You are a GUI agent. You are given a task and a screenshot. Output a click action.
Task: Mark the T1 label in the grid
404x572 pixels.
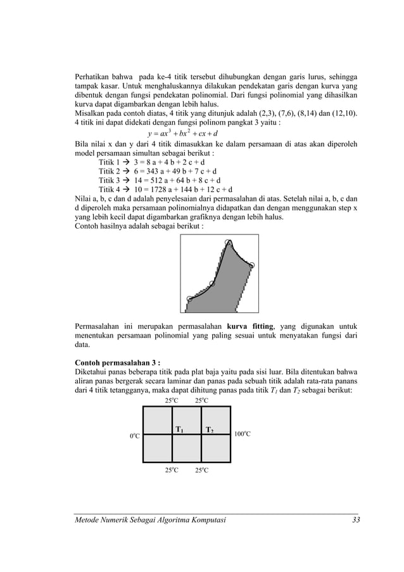click(x=179, y=430)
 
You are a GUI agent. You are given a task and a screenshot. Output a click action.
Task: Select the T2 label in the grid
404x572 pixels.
click(x=209, y=430)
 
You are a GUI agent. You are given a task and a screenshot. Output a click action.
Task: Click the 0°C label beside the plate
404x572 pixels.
click(x=135, y=436)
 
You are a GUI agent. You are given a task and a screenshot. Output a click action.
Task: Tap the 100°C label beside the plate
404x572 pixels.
click(x=243, y=434)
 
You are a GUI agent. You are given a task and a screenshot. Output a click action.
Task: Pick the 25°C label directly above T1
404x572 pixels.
click(x=172, y=400)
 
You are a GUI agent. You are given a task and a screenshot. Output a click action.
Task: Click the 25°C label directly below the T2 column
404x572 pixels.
click(x=202, y=470)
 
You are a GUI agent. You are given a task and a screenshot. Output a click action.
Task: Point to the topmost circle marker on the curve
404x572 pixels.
click(x=229, y=243)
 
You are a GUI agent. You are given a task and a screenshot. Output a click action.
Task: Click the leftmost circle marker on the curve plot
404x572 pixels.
click(x=190, y=298)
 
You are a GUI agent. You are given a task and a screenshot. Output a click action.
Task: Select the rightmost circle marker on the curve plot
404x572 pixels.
click(x=251, y=265)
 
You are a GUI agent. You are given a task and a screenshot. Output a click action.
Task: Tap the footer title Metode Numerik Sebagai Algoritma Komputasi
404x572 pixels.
click(x=149, y=520)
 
